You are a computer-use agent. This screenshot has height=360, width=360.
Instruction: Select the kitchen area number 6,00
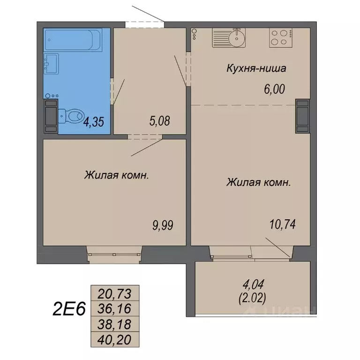click(275, 88)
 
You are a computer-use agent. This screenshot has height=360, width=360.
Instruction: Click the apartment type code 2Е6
click(68, 309)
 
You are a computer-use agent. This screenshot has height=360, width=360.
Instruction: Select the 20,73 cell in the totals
click(113, 293)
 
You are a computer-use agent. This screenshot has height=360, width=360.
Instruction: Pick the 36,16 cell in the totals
click(113, 308)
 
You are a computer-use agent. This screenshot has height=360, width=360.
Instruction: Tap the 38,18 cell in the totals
click(113, 323)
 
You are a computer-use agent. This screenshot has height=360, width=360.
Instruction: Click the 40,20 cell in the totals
click(113, 338)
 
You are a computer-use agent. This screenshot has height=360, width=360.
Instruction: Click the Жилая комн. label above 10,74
click(258, 182)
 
